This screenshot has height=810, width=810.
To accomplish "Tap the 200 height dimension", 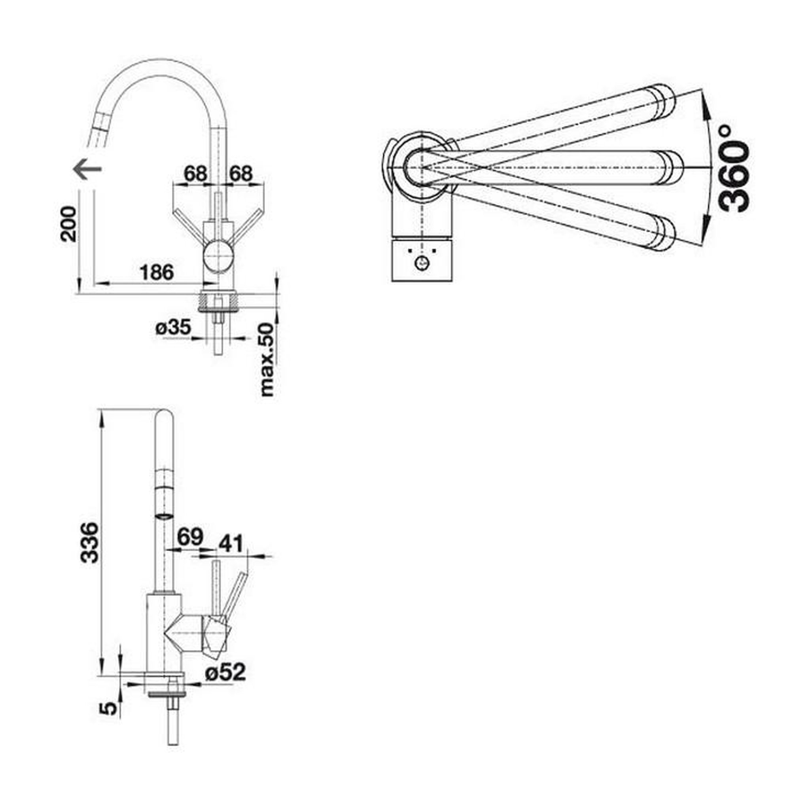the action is pyautogui.click(x=68, y=224).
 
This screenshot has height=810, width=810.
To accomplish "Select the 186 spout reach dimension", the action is pyautogui.click(x=157, y=273).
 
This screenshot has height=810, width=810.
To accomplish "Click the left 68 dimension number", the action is pyautogui.click(x=195, y=174).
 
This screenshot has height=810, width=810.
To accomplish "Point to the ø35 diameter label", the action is pyautogui.click(x=173, y=327).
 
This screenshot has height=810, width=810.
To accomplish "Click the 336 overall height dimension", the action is pyautogui.click(x=89, y=542).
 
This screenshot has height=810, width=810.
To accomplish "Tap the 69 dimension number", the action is pyautogui.click(x=190, y=537).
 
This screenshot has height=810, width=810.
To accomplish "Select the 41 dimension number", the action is pyautogui.click(x=231, y=544).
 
